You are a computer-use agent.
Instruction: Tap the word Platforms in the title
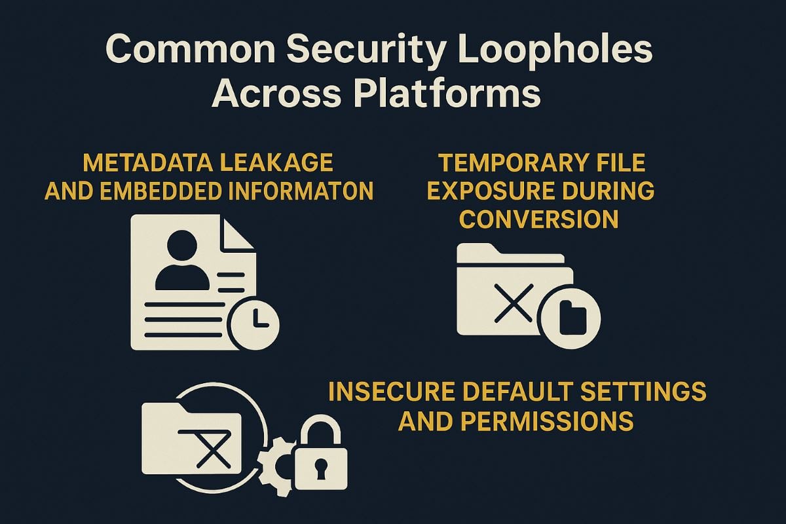pyautogui.click(x=449, y=94)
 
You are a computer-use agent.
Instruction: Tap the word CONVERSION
pyautogui.click(x=538, y=219)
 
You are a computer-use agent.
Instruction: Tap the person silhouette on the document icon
pyautogui.click(x=181, y=261)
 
